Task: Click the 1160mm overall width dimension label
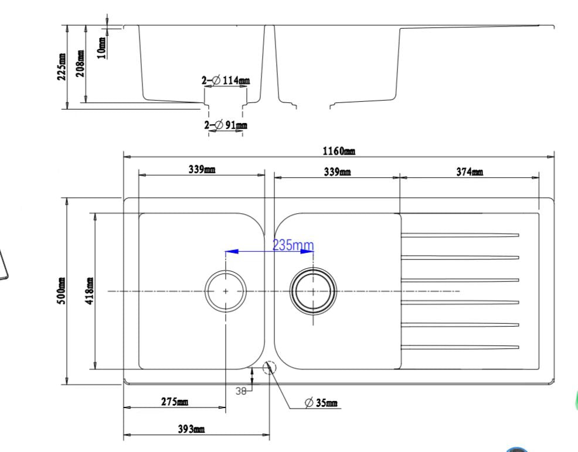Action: point(339,151)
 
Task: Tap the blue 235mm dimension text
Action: point(293,245)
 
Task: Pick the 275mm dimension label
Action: point(175,402)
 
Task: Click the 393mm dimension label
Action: point(192,429)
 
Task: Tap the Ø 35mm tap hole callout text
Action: point(321,403)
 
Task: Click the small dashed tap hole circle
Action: point(269,368)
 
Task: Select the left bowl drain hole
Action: point(226,290)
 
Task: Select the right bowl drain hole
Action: point(314,290)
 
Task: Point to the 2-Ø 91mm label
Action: point(226,125)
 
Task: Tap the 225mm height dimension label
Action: point(62,67)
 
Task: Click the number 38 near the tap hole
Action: point(240,392)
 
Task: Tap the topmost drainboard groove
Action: point(460,235)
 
